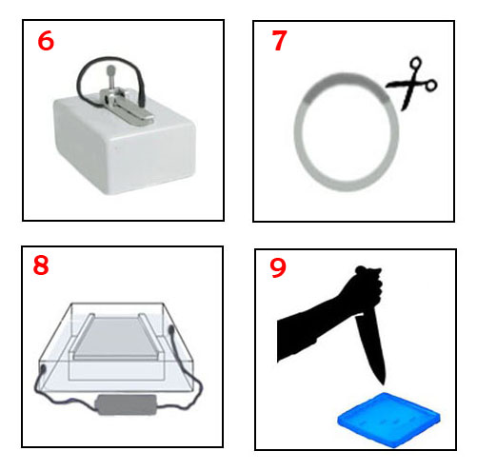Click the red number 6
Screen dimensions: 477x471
(x=46, y=41)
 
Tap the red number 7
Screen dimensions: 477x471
(x=280, y=40)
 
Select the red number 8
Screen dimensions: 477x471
(x=41, y=265)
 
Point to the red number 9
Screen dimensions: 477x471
(x=278, y=268)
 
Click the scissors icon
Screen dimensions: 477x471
(x=412, y=84)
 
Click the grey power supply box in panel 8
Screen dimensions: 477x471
(x=127, y=404)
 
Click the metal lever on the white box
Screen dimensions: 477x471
(x=134, y=108)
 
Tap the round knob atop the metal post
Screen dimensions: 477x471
(x=110, y=69)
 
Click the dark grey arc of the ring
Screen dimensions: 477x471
(x=346, y=78)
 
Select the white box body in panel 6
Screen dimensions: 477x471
(x=125, y=145)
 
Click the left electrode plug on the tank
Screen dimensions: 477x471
(x=43, y=369)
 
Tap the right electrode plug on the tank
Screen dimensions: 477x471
(x=171, y=331)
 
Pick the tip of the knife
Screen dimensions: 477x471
(x=383, y=384)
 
